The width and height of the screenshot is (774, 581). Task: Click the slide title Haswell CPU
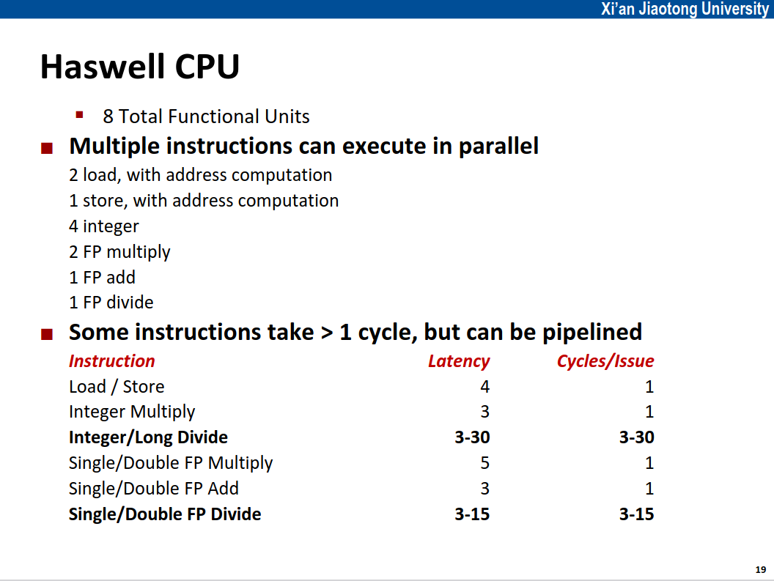(x=140, y=67)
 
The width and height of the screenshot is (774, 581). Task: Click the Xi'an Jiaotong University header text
(x=685, y=8)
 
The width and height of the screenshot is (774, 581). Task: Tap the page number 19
(x=761, y=570)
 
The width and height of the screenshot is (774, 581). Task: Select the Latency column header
(x=459, y=361)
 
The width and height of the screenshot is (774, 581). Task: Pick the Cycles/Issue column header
(x=605, y=361)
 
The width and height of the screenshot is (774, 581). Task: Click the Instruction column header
(x=112, y=361)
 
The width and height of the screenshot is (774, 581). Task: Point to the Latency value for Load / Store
(x=484, y=387)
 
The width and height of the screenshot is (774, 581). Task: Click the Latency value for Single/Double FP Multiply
(x=484, y=462)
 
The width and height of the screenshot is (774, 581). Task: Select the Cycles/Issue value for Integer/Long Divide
(x=637, y=437)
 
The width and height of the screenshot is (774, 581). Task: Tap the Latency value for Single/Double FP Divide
(x=473, y=514)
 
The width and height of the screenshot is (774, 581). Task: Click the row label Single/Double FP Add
(x=153, y=489)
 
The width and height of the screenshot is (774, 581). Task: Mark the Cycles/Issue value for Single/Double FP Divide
(x=637, y=514)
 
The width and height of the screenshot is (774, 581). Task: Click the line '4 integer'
(x=103, y=226)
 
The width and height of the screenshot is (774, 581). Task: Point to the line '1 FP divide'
(x=111, y=302)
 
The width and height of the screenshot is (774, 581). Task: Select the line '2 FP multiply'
(x=119, y=252)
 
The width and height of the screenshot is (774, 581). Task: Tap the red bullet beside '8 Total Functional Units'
(x=79, y=116)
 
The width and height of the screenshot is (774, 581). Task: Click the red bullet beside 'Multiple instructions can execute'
(x=47, y=148)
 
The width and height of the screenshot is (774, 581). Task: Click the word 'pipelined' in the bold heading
(x=592, y=332)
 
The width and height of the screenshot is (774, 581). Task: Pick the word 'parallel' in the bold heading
(x=498, y=147)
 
